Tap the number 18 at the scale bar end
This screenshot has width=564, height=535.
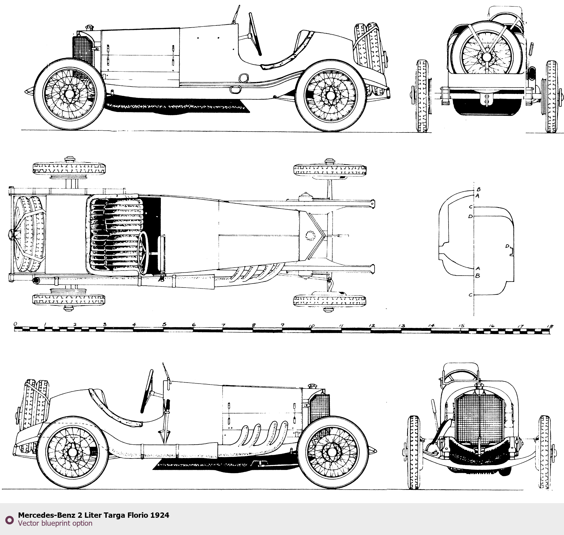pyautogui.click(x=550, y=326)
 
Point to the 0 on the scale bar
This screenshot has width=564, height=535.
pyautogui.click(x=15, y=324)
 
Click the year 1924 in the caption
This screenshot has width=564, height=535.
pyautogui.click(x=160, y=515)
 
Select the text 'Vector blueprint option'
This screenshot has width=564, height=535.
pyautogui.click(x=55, y=523)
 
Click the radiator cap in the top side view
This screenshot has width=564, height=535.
pyautogui.click(x=89, y=27)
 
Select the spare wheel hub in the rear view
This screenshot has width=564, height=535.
pyautogui.click(x=487, y=57)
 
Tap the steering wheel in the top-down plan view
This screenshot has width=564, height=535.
pyautogui.click(x=143, y=253)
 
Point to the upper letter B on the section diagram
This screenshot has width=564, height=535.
pyautogui.click(x=479, y=189)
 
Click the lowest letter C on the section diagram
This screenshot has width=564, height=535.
pyautogui.click(x=471, y=295)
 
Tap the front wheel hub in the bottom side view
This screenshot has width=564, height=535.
pyautogui.click(x=331, y=452)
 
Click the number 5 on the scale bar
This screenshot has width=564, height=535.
pyautogui.click(x=164, y=324)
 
